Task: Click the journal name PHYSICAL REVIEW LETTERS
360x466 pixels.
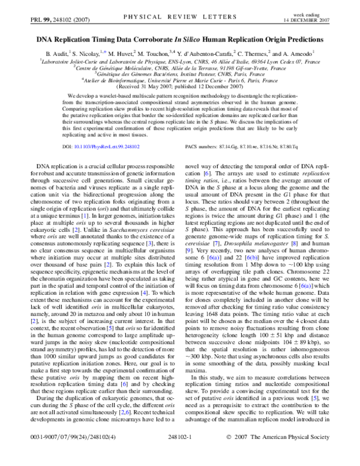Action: pos(180,21)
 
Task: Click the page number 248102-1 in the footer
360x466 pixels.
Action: pos(180,456)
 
